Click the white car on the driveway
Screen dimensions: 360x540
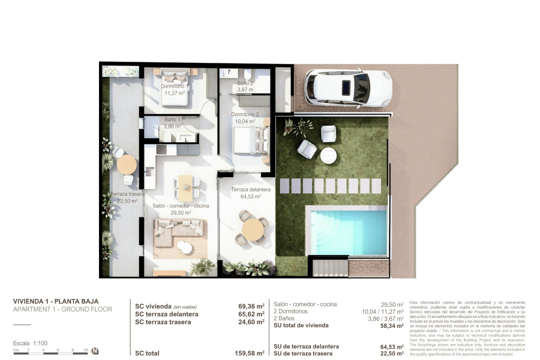[x=348, y=88]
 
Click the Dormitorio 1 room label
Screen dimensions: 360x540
[x=174, y=86]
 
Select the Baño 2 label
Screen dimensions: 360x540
[x=245, y=83]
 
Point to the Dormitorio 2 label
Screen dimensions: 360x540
[x=245, y=114]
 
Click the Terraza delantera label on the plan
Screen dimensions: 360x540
[x=251, y=190]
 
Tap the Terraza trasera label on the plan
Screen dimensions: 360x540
[x=127, y=194]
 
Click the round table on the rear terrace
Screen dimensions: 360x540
[x=127, y=165]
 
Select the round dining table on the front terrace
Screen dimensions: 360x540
[x=253, y=230]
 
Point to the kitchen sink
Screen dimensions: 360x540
[x=149, y=171]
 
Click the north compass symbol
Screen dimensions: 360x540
[x=95, y=351]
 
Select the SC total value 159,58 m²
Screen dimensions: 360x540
[x=249, y=353]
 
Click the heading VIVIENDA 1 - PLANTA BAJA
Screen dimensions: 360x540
[x=56, y=301]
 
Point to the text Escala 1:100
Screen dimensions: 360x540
[x=30, y=343]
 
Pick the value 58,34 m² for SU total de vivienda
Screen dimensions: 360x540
[x=392, y=326]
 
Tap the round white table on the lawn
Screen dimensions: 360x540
[x=328, y=155]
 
